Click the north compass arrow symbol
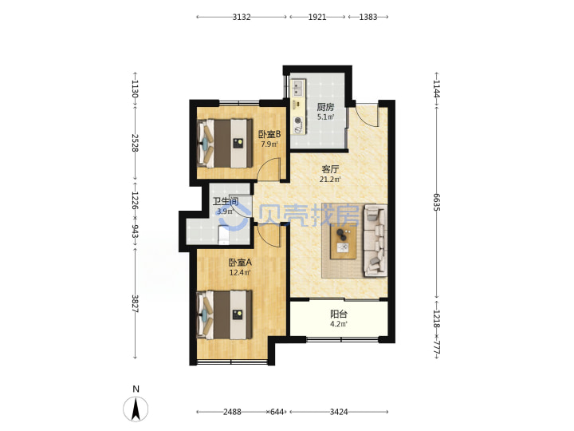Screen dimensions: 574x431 click(136, 409)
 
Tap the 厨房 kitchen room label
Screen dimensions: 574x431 click(325, 107)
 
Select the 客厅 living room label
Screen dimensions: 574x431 click(330, 169)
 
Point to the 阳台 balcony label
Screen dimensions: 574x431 click(339, 314)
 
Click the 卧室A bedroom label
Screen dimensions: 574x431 click(240, 263)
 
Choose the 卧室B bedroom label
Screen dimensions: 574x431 click(269, 134)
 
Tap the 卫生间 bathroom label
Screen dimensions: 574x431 click(226, 201)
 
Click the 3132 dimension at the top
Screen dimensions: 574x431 click(242, 17)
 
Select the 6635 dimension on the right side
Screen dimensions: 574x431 click(436, 202)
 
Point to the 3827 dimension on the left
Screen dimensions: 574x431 click(135, 304)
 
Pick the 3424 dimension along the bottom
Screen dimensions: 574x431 click(339, 412)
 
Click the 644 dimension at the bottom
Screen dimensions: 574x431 click(277, 412)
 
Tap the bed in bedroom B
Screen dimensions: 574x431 click(225, 143)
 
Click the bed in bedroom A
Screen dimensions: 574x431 click(225, 314)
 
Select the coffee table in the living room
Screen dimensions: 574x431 click(344, 241)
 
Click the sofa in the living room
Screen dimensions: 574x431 click(375, 241)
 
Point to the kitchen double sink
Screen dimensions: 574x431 click(298, 88)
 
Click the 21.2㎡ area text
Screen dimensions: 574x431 click(330, 180)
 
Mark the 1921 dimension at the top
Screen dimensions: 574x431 click(317, 17)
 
